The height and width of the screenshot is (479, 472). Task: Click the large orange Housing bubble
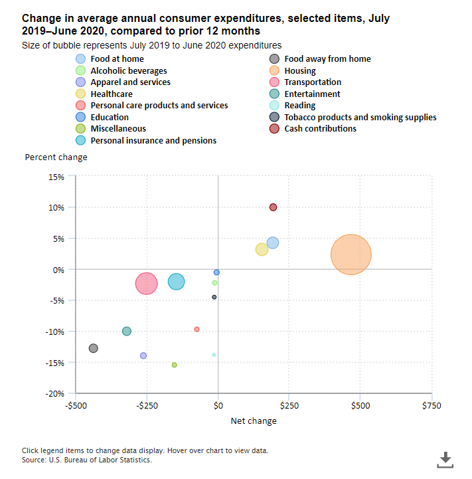351,254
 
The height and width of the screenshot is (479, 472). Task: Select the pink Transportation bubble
147,284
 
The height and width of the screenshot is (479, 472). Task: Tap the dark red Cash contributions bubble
273,207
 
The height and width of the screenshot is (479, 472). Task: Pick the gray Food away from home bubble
94,348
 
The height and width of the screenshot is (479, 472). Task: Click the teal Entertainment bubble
127,331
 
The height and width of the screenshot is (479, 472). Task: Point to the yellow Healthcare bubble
262,249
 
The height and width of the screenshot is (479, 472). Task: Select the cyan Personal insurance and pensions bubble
176,282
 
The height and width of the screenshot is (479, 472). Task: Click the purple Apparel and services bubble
143,355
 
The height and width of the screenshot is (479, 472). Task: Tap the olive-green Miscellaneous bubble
175,365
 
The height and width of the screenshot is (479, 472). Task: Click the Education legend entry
110,117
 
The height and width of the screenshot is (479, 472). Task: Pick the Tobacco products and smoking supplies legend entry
360,117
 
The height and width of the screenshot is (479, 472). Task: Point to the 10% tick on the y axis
55,207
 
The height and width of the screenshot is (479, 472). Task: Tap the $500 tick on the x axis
360,405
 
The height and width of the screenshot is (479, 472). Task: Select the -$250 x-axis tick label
147,405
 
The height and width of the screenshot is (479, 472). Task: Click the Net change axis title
254,421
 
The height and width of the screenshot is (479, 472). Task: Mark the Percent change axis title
56,157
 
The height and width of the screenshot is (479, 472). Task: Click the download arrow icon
445,459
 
